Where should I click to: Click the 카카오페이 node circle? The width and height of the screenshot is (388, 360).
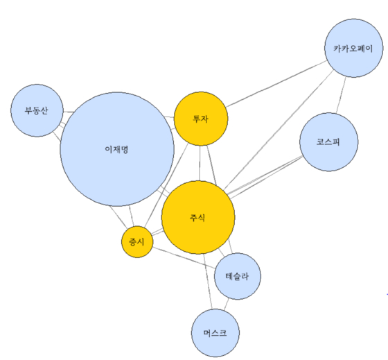point(353,48)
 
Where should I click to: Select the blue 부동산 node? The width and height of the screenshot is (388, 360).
point(37,110)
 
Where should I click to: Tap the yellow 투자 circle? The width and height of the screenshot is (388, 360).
point(201,119)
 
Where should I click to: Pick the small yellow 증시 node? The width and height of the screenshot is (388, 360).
point(137,241)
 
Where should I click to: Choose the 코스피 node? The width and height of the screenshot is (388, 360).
point(328,142)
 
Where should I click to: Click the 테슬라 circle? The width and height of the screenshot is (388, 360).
point(237,276)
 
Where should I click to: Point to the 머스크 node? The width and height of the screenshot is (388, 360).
point(215,333)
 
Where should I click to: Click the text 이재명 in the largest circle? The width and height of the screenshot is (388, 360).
point(116,149)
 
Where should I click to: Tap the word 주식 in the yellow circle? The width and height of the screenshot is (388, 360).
point(197,218)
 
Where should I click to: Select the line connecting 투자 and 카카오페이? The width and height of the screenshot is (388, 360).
point(276,84)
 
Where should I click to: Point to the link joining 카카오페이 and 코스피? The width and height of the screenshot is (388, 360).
point(341,95)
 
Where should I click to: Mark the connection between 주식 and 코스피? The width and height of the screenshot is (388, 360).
point(264,176)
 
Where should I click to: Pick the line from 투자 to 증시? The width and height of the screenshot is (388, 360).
point(166,185)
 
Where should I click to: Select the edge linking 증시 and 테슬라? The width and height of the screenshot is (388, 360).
point(184,257)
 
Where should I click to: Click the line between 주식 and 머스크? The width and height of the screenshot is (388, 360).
point(208,282)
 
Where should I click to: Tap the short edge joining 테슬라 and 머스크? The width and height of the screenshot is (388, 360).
point(227,305)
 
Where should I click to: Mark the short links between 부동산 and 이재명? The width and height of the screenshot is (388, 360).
point(62,124)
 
